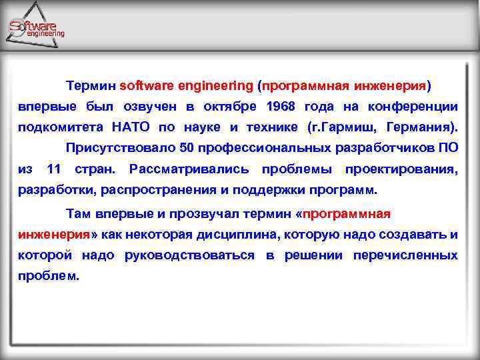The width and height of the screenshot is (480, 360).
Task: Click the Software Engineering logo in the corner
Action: [x=36, y=27]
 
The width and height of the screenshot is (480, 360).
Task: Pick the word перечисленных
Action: [x=405, y=255]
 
